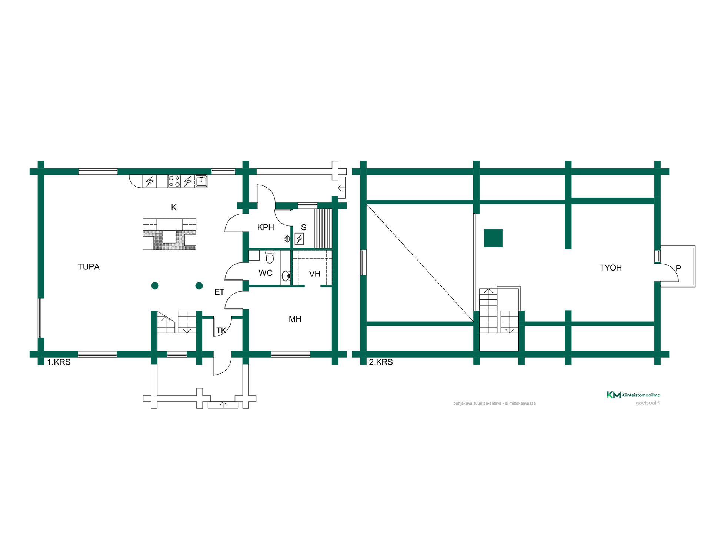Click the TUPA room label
[x=89, y=267]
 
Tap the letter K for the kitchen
[x=174, y=208]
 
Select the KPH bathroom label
[x=266, y=227]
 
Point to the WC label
[x=266, y=273]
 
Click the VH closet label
[x=315, y=274]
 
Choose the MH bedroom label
[x=295, y=319]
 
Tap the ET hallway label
[x=219, y=292]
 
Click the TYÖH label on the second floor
[x=611, y=268]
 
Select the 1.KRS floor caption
[x=59, y=362]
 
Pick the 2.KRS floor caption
[x=381, y=362]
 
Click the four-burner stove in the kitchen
[x=174, y=181]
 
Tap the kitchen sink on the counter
[x=201, y=181]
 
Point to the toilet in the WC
[x=270, y=256]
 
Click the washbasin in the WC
[x=286, y=275]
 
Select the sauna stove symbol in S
[x=299, y=239]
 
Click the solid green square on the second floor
[x=493, y=238]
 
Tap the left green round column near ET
[x=155, y=286]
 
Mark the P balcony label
[x=678, y=268]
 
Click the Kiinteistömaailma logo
[x=633, y=395]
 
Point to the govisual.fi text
[x=648, y=403]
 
